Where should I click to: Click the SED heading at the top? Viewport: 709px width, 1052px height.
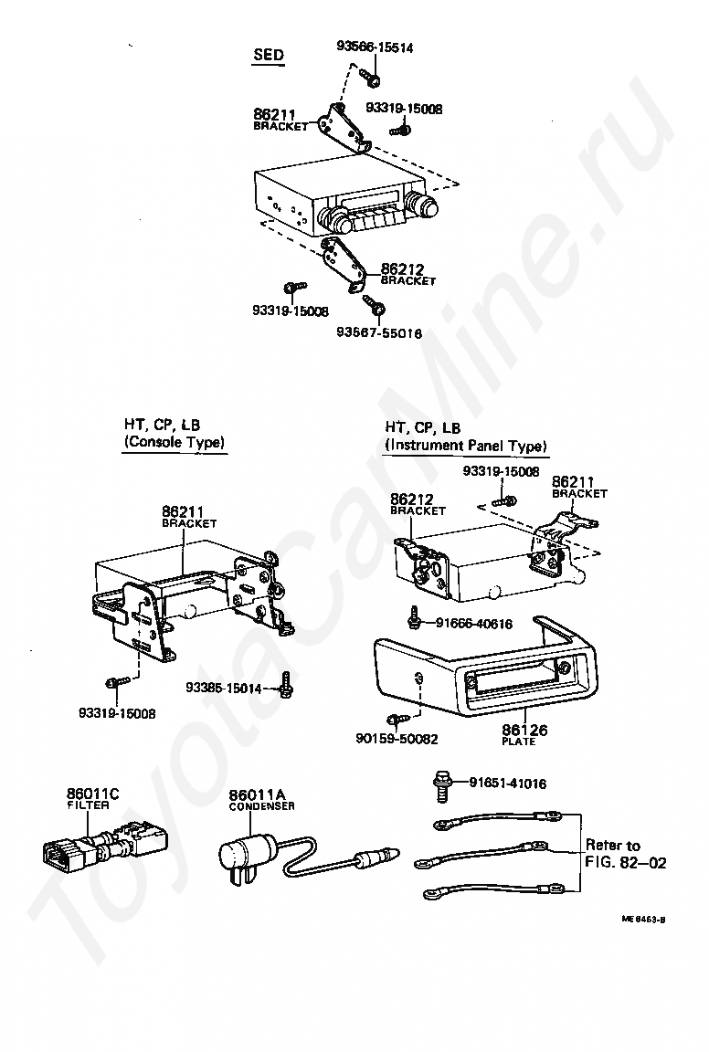[x=268, y=55]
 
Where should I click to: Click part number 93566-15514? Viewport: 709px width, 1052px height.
[x=374, y=47]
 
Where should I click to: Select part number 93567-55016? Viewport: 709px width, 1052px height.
[x=378, y=334]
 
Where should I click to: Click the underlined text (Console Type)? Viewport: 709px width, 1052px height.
[x=175, y=443]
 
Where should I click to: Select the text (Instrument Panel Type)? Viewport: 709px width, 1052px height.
[x=465, y=446]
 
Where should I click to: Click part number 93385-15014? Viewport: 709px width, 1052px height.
[x=223, y=688]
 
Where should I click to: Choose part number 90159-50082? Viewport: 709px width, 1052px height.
[x=397, y=738]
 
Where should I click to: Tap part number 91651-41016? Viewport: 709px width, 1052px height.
[x=508, y=783]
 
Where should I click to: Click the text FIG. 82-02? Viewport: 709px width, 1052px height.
[x=626, y=862]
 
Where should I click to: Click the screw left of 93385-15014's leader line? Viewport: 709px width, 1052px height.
[x=286, y=685]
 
